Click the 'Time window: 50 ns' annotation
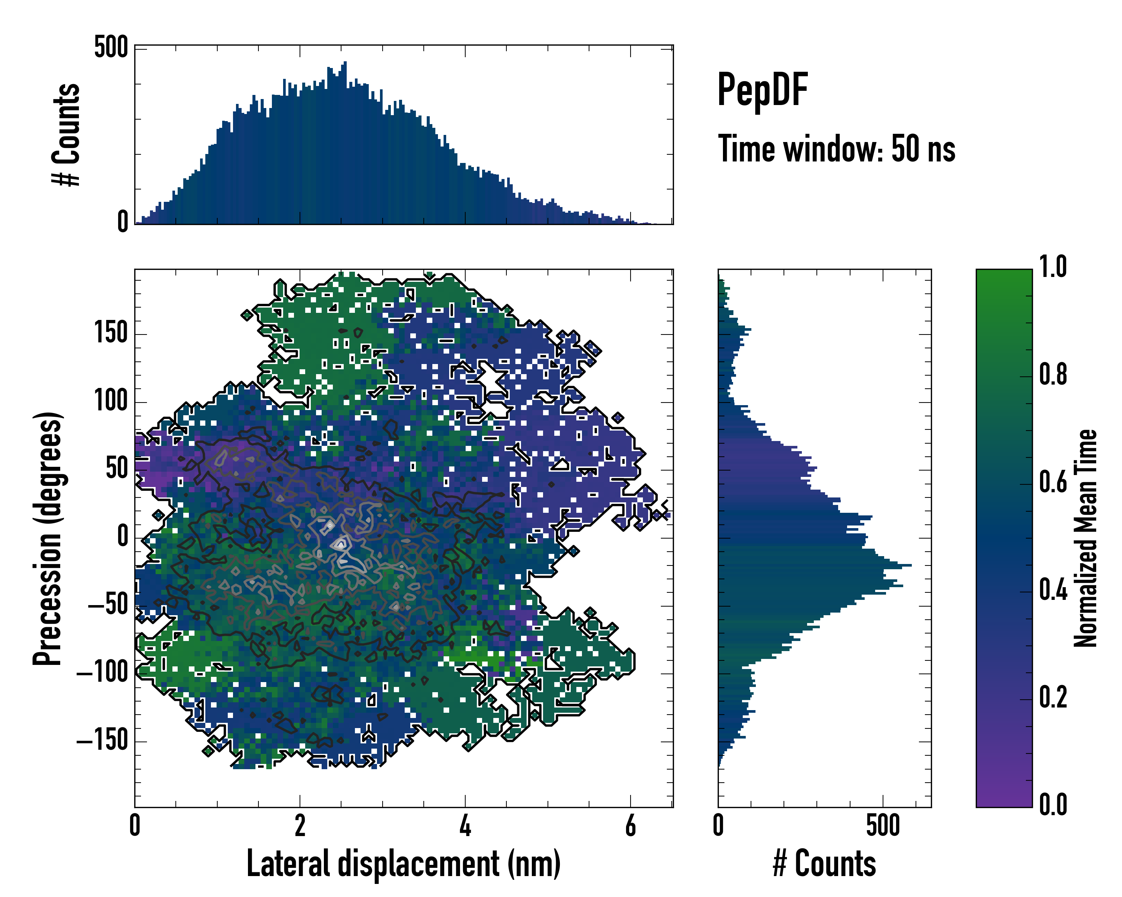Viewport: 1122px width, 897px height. [836, 149]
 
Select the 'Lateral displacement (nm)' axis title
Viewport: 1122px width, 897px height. [403, 864]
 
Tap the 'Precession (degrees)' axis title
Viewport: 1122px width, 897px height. [48, 538]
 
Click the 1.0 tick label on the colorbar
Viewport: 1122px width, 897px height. [1053, 267]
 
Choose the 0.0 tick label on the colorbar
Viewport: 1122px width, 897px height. [1053, 804]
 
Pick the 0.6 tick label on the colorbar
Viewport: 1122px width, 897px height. [1053, 482]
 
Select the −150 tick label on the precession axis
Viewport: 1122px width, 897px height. [102, 740]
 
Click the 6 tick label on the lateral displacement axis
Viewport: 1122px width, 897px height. [630, 826]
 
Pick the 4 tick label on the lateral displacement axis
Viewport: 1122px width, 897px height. [465, 826]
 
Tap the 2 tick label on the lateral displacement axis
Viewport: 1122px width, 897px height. [300, 826]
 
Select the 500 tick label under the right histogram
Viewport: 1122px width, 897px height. [883, 826]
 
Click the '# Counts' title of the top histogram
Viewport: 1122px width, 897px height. [67, 134]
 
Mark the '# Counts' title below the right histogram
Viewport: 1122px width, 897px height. [824, 864]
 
